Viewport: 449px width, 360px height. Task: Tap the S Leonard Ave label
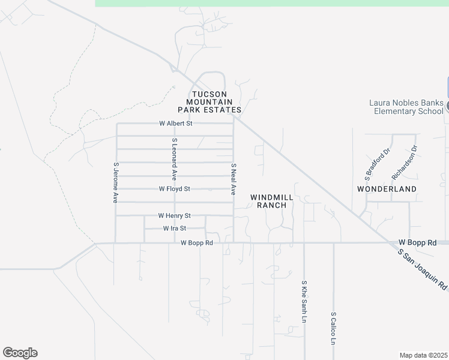pyautogui.click(x=174, y=159)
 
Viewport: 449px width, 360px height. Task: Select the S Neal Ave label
pyautogui.click(x=234, y=179)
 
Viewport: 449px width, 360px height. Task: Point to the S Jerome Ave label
pyautogui.click(x=115, y=182)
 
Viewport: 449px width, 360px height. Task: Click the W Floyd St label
pyautogui.click(x=174, y=188)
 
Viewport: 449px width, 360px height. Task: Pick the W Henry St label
pyautogui.click(x=174, y=215)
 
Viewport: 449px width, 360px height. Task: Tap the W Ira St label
pyautogui.click(x=175, y=229)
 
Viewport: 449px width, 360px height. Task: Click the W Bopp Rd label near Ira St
pyautogui.click(x=197, y=243)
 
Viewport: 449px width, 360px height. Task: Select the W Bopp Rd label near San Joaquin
pyautogui.click(x=417, y=242)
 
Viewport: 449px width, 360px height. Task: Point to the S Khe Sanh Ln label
pyautogui.click(x=304, y=302)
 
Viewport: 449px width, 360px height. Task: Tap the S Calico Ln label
pyautogui.click(x=333, y=328)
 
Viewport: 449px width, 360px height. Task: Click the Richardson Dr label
pyautogui.click(x=404, y=162)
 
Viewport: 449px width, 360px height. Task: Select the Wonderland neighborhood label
pyautogui.click(x=387, y=188)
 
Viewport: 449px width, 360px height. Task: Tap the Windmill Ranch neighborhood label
pyautogui.click(x=271, y=201)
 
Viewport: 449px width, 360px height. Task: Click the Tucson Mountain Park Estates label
pyautogui.click(x=209, y=102)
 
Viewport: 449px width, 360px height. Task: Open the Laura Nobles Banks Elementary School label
pyautogui.click(x=408, y=107)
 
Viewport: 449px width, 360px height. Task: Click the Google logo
pyautogui.click(x=20, y=353)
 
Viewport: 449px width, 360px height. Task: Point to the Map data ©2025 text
pyautogui.click(x=423, y=355)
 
